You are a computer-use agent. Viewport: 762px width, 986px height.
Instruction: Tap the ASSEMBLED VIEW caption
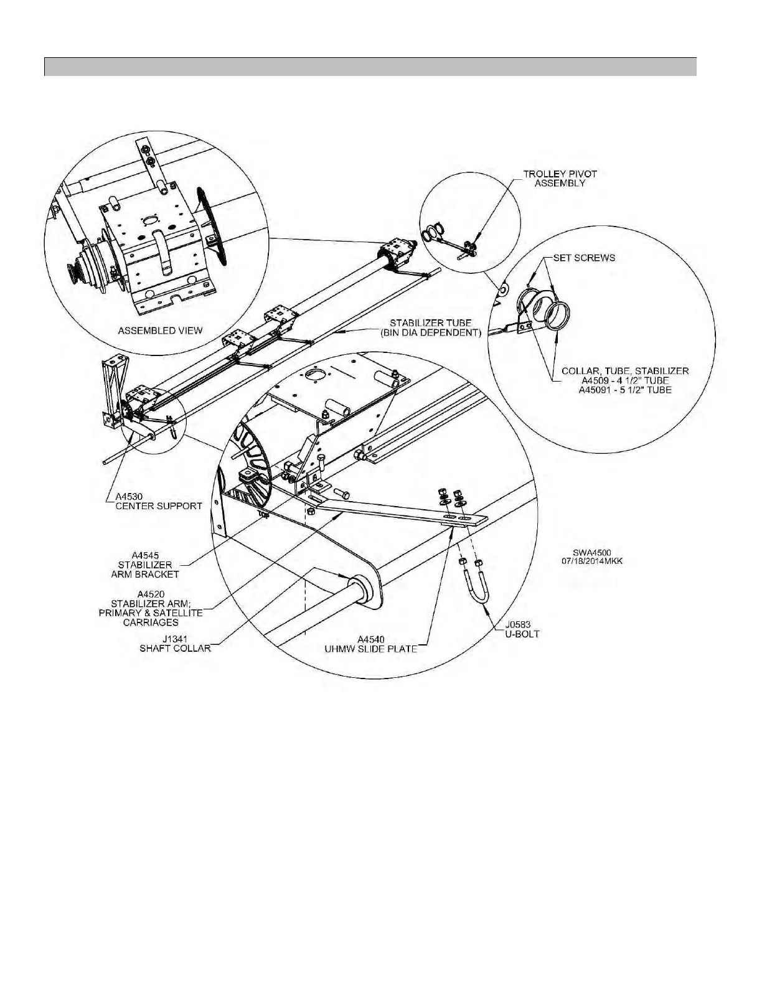click(160, 331)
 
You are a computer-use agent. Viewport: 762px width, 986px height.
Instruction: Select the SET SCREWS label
click(583, 258)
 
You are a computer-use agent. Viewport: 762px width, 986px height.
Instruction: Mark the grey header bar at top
click(370, 67)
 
